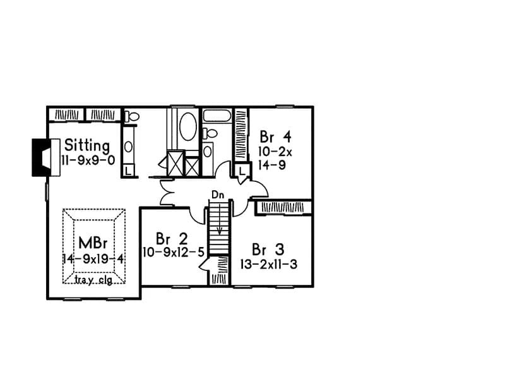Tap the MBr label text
click(x=94, y=243)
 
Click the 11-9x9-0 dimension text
click(x=88, y=160)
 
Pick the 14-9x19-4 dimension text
click(x=94, y=258)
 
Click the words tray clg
click(x=93, y=280)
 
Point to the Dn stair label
click(x=218, y=196)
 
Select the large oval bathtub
click(x=187, y=127)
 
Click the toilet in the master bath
click(x=131, y=116)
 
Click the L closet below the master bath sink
click(x=128, y=171)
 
